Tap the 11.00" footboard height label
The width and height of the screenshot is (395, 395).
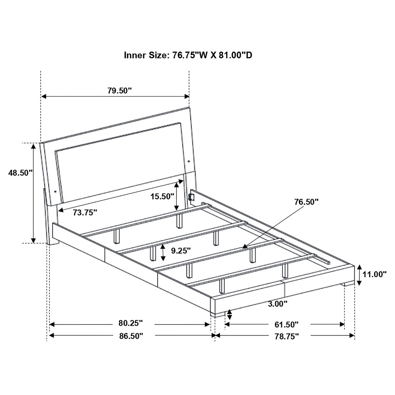(x=375, y=274)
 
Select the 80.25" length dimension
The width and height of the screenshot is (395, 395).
(x=130, y=323)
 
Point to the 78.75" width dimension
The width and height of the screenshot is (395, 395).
(x=286, y=336)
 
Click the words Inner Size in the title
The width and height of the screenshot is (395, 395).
(x=145, y=55)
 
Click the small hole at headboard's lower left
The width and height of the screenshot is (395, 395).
(x=55, y=191)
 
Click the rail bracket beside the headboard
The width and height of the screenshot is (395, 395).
(x=191, y=197)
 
